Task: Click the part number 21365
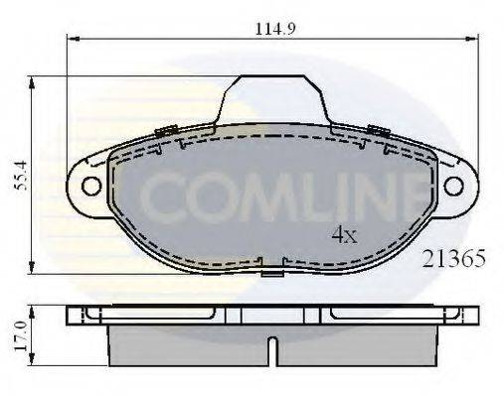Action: pos(453,260)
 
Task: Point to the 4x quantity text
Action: pos(344,235)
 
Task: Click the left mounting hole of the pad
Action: pos(90,185)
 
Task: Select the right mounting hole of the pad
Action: pos(453,185)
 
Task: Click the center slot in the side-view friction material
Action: pos(270,348)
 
